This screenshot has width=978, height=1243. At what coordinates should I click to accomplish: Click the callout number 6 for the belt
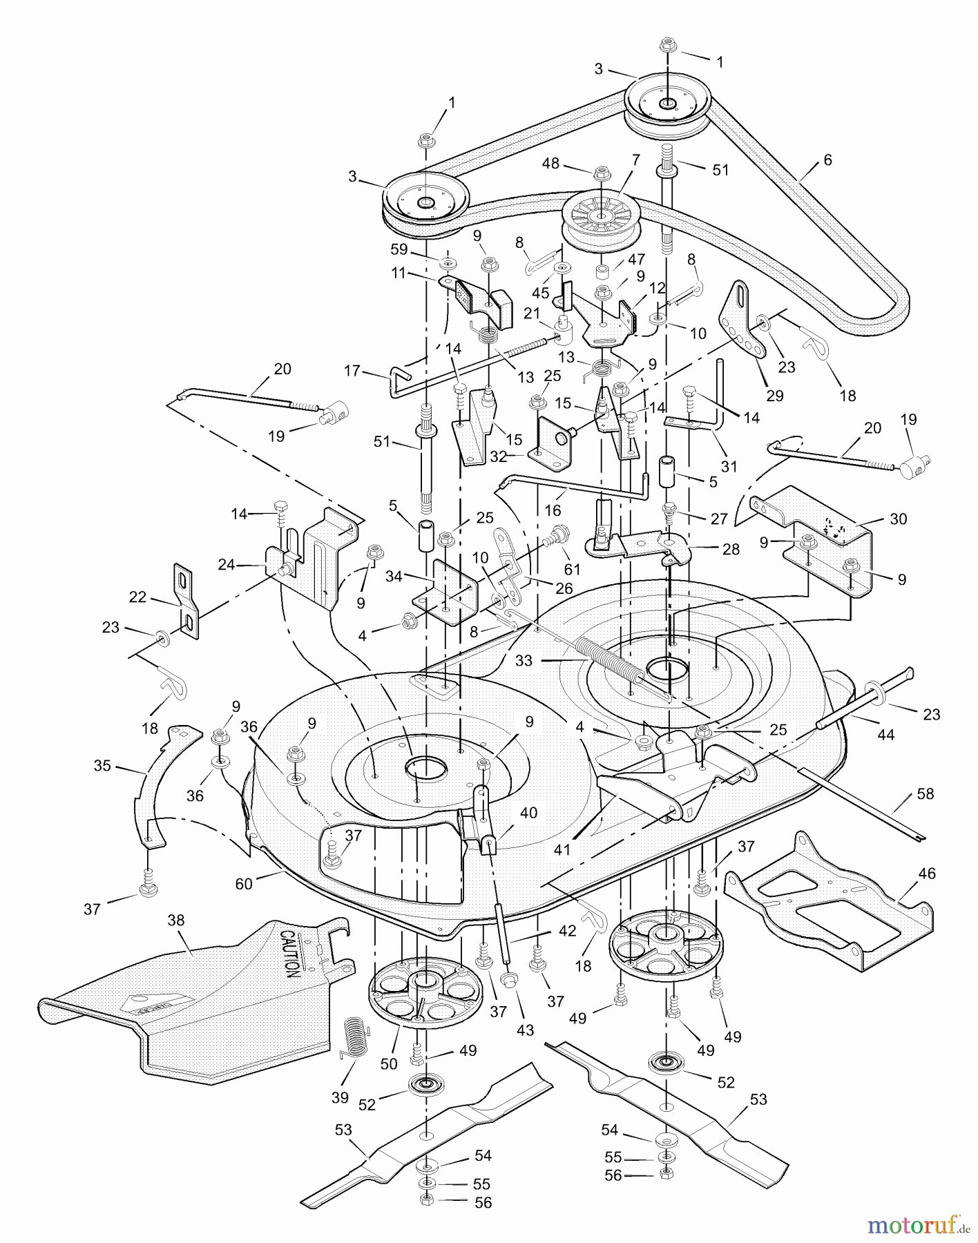828,160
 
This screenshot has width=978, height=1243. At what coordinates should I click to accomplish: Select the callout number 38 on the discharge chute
176,921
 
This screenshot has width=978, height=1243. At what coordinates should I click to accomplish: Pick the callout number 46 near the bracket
927,874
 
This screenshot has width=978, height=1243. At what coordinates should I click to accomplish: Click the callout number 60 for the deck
244,883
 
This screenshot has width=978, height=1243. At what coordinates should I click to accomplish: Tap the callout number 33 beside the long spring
524,660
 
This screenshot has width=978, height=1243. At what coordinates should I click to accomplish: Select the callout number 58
925,794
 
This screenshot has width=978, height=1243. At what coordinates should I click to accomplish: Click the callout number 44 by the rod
885,735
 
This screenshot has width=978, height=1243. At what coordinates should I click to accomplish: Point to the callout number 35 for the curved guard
102,765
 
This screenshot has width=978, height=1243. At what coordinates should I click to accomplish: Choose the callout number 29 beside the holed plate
775,396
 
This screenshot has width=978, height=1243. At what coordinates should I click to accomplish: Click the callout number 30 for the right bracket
898,519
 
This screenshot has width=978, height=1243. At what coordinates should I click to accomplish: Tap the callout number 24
227,565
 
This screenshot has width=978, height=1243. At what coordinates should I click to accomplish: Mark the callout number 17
352,371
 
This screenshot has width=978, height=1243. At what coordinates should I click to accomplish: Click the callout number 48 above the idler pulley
550,164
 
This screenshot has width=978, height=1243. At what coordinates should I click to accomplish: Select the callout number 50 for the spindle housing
389,1064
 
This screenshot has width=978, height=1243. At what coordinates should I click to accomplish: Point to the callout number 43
525,1030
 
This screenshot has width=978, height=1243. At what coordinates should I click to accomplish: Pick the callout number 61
572,570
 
